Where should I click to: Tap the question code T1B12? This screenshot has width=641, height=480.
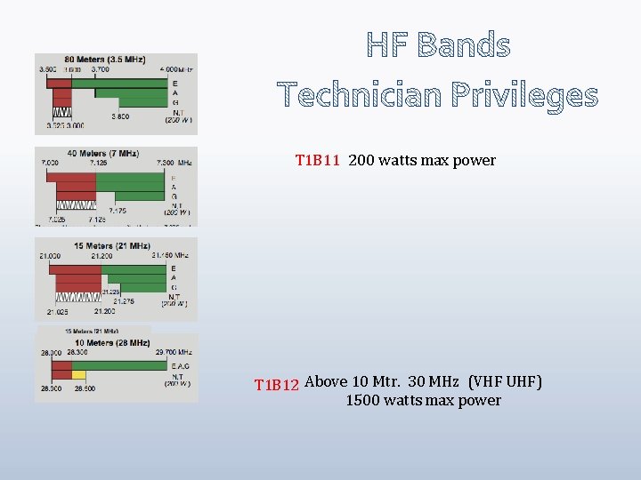(277, 385)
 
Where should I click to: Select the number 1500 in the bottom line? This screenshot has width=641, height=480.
(362, 400)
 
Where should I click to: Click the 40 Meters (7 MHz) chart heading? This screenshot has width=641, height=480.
(104, 153)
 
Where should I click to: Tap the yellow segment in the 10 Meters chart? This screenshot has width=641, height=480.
(79, 374)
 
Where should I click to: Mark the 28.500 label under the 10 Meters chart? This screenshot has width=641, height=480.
(85, 388)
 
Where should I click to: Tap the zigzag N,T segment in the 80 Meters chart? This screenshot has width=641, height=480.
(62, 113)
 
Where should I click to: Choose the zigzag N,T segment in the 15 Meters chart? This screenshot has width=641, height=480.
(78, 296)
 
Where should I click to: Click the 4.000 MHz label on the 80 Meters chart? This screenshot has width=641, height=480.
(177, 69)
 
